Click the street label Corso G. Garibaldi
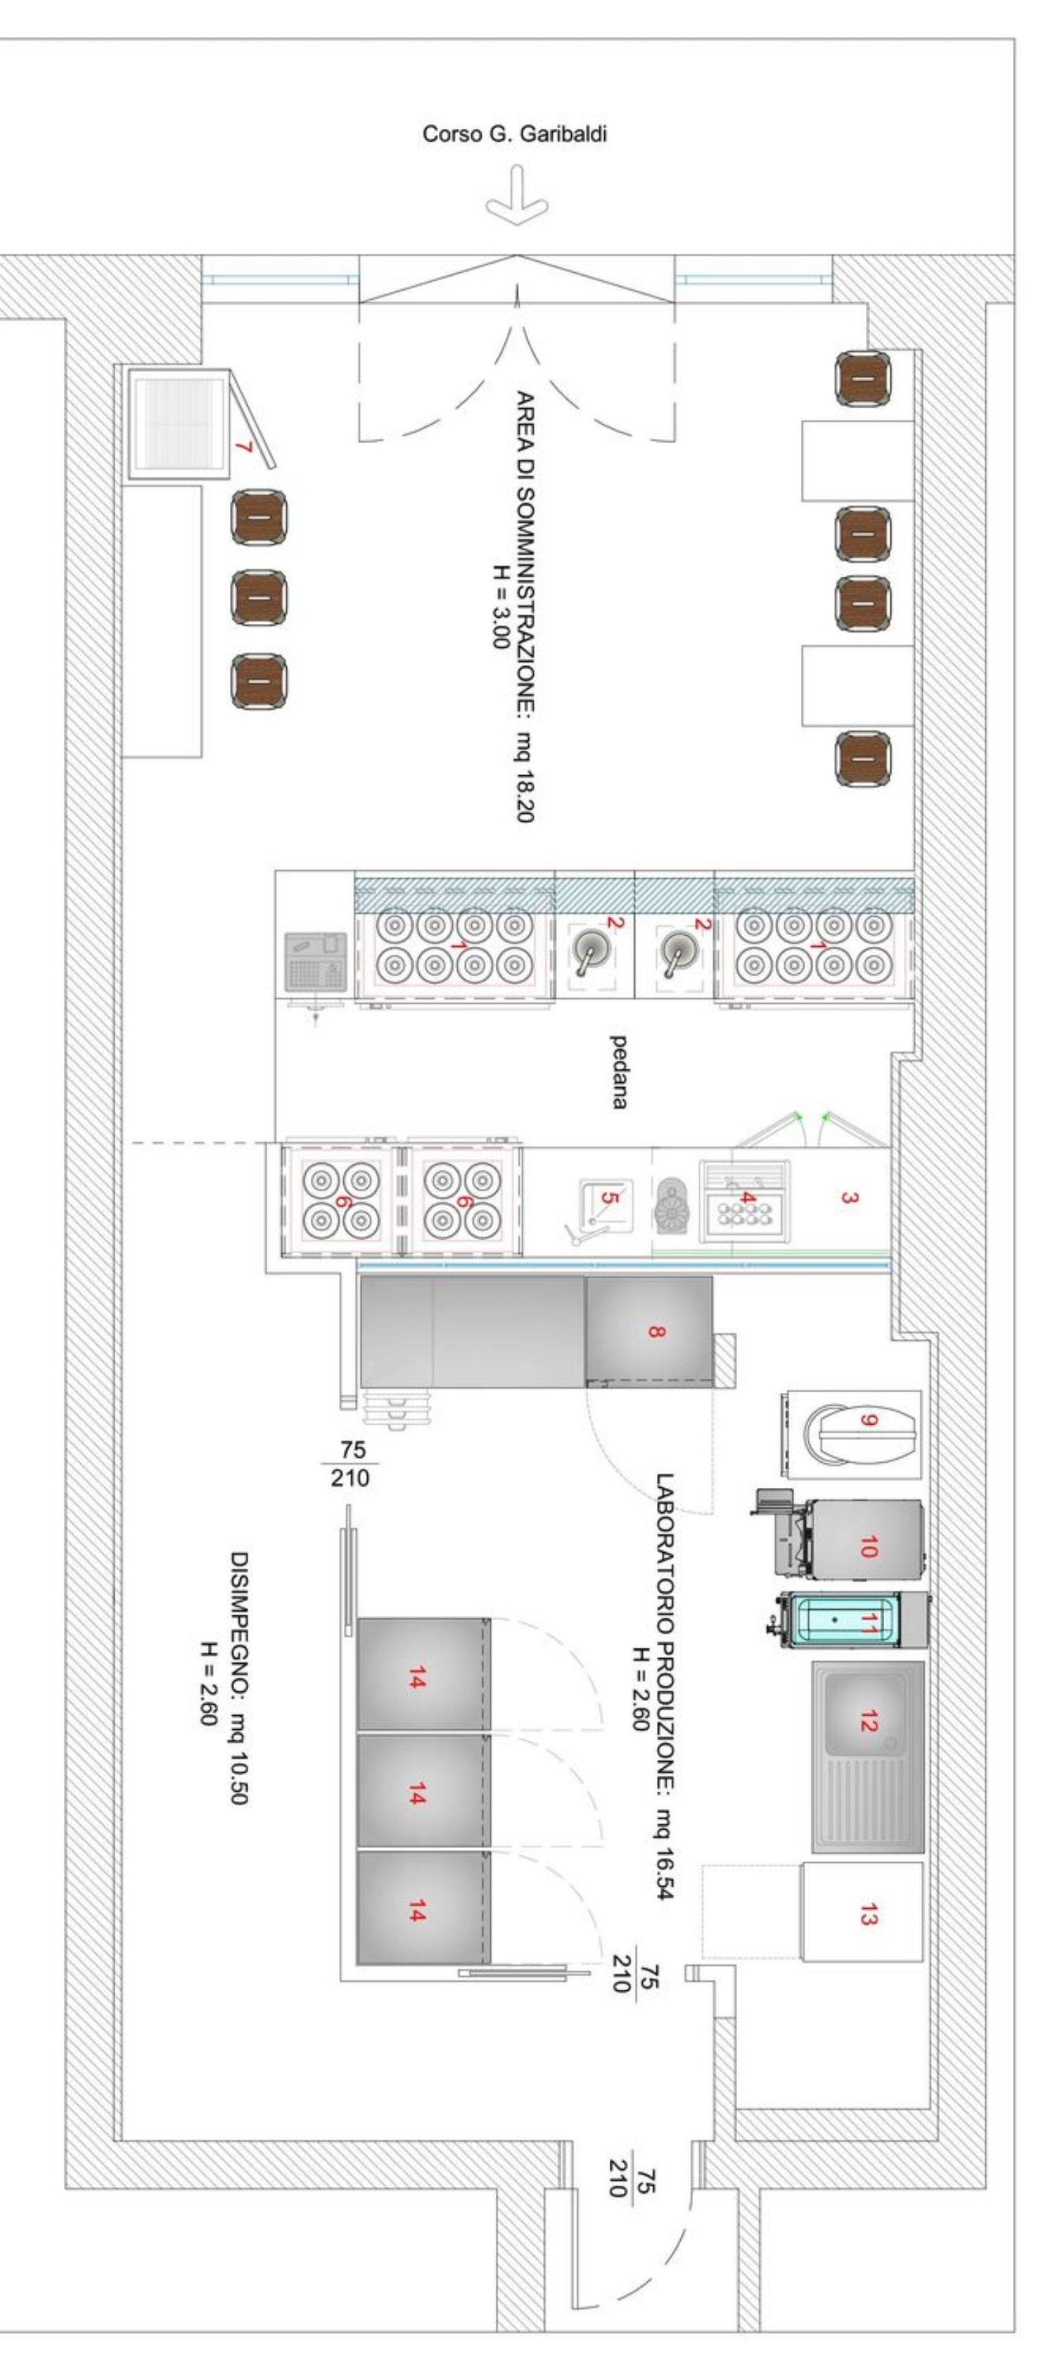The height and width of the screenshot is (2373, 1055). [x=515, y=134]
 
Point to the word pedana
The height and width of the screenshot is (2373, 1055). [x=620, y=1072]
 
